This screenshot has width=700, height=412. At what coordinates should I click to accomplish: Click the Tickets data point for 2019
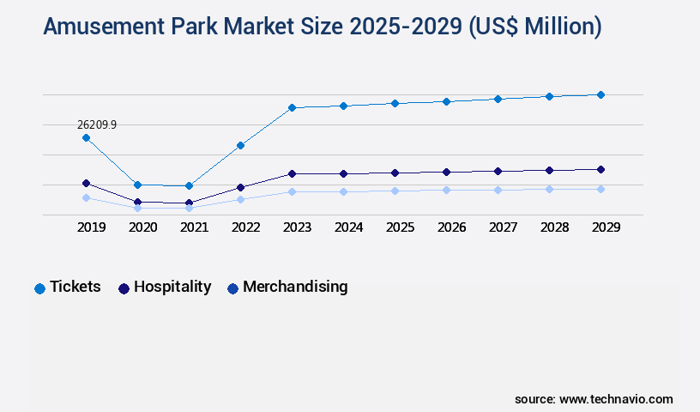tap(86, 137)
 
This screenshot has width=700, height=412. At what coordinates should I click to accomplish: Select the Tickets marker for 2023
tap(292, 107)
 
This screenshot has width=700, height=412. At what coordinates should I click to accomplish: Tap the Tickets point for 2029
tap(600, 94)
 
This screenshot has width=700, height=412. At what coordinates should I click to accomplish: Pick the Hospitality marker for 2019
tap(86, 183)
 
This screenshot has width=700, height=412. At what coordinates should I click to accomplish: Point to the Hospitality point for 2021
tap(189, 203)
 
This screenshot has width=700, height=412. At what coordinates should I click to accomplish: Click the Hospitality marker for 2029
tap(600, 169)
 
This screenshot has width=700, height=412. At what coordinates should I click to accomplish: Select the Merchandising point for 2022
tap(240, 199)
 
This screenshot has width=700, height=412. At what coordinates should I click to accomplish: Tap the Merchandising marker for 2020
tap(137, 208)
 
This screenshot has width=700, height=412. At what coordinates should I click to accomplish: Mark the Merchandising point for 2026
tap(446, 190)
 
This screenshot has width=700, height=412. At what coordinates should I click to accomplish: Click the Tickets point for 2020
tap(137, 185)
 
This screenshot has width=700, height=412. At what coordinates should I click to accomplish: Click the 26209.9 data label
tap(97, 124)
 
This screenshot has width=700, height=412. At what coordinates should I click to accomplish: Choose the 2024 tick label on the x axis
tap(348, 227)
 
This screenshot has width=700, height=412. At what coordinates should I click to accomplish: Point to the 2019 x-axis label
tap(91, 227)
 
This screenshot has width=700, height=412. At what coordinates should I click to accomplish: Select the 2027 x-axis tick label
tap(503, 227)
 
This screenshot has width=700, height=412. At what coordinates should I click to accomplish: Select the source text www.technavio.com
tap(616, 399)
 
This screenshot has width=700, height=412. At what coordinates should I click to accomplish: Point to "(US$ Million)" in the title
tap(534, 27)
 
